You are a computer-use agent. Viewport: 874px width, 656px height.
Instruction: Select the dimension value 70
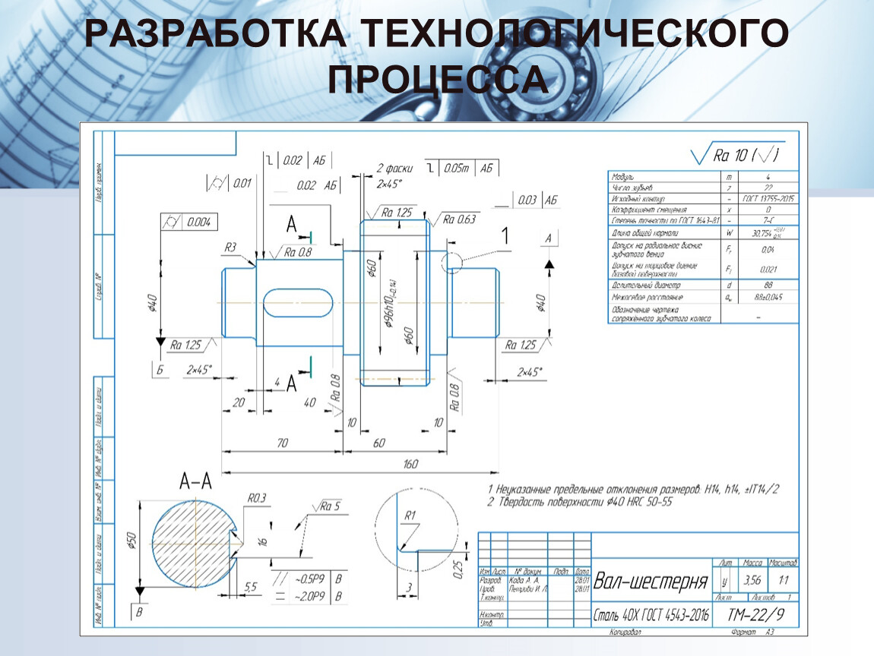click(x=281, y=443)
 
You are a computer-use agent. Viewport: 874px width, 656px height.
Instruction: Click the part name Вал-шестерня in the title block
click(x=651, y=582)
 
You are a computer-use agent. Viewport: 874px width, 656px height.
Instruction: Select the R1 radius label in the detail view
click(x=410, y=516)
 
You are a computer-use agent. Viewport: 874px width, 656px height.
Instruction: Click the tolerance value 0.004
click(x=199, y=222)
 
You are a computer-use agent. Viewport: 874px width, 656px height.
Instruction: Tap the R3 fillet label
click(x=230, y=247)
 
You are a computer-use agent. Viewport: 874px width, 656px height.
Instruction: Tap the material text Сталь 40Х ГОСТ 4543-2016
click(x=651, y=616)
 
